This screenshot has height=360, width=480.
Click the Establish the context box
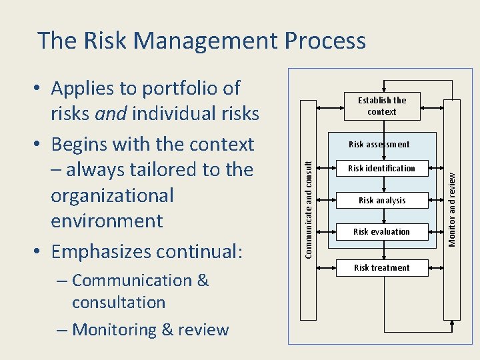pos(381,106)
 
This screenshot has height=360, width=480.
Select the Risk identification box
pos(381,169)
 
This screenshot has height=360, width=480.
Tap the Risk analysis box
pos(381,200)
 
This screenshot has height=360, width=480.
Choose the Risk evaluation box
pos(381,231)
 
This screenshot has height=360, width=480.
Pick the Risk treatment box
pos(381,267)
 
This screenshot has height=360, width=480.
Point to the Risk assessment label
pos(379,144)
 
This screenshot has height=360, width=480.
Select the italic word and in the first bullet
pos(111,114)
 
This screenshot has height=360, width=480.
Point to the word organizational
pos(112,195)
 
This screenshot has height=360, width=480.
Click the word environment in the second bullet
pos(107,221)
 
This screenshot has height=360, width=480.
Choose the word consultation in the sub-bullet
pos(119,302)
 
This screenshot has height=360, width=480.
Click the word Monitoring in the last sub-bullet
pos(113,329)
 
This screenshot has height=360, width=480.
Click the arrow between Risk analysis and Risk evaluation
pos(382,216)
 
